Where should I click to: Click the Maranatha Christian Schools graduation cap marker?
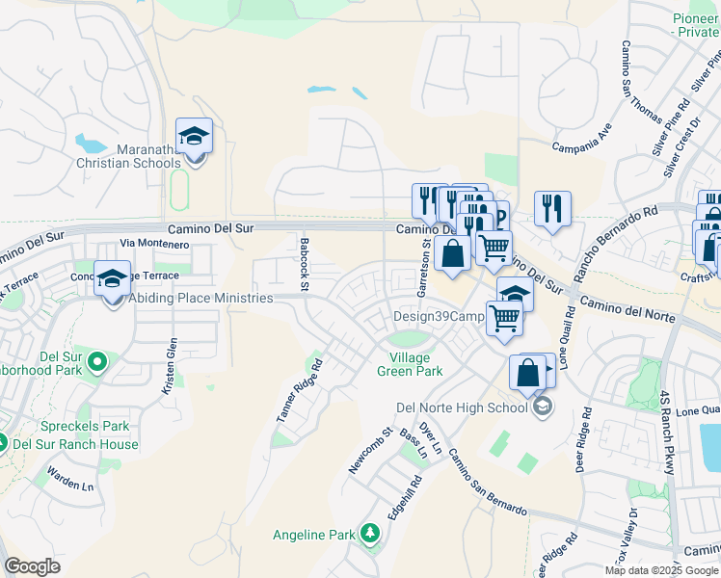pyautogui.click(x=194, y=136)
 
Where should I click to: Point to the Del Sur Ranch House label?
pyautogui.click(x=74, y=444)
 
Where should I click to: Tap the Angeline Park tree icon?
pyautogui.click(x=369, y=534)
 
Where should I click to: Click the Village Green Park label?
pyautogui.click(x=409, y=363)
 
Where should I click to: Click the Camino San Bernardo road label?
pyautogui.click(x=488, y=483)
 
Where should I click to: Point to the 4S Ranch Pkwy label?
pyautogui.click(x=667, y=432)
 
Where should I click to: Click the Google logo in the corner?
pyautogui.click(x=32, y=566)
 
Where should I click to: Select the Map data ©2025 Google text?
pyautogui.click(x=661, y=570)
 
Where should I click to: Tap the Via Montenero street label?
pyautogui.click(x=153, y=245)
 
